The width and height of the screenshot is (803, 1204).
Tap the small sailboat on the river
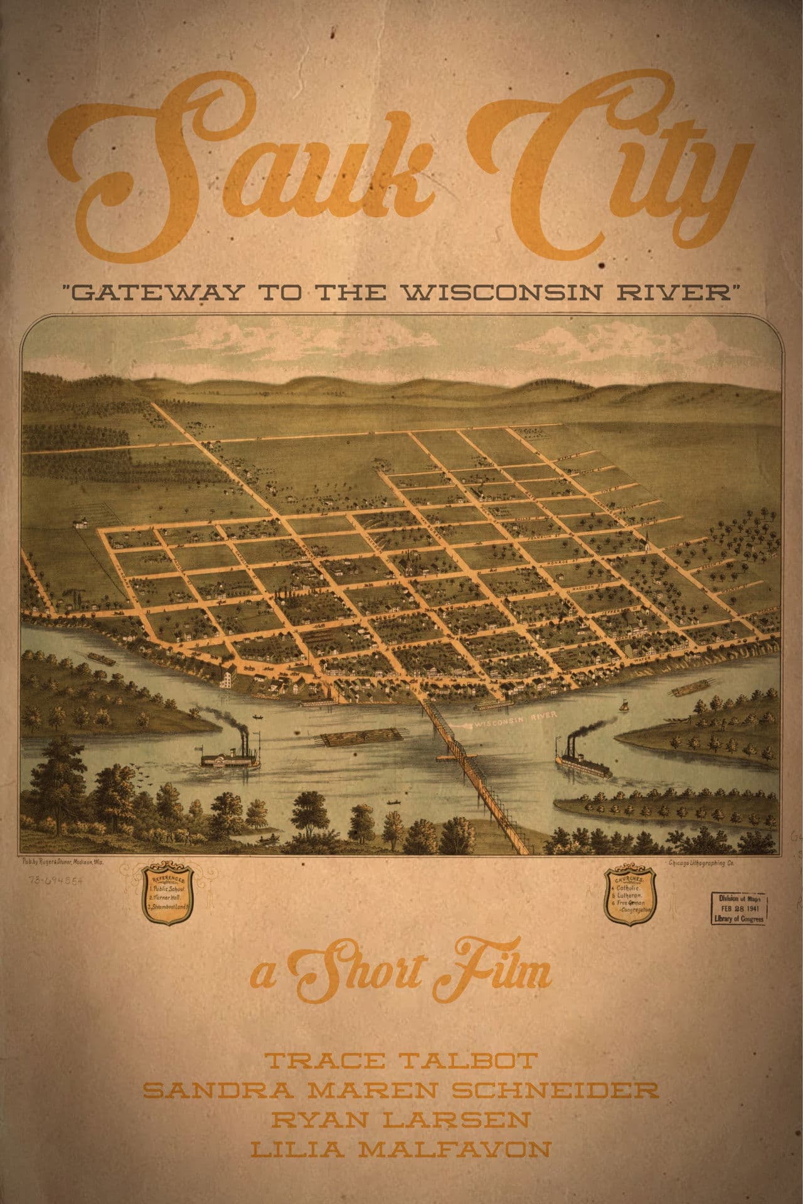point(625,706)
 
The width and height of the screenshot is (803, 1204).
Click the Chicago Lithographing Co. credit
point(702,863)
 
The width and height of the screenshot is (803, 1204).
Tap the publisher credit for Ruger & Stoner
point(63,863)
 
